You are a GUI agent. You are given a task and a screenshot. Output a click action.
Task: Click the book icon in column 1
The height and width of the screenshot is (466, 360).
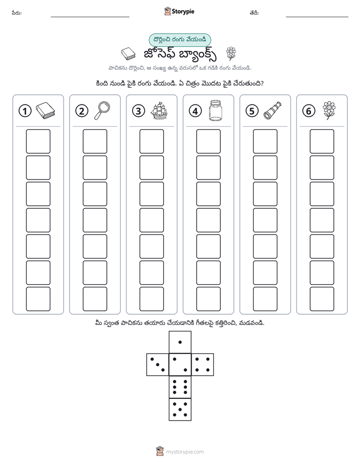[x=45, y=111]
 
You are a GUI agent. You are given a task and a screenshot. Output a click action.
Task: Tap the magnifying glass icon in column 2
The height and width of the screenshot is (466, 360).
[x=102, y=110]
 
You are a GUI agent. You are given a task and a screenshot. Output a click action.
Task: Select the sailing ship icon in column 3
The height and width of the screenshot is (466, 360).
[x=159, y=111]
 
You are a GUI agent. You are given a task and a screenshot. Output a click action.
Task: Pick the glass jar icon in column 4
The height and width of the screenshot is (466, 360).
[x=215, y=110]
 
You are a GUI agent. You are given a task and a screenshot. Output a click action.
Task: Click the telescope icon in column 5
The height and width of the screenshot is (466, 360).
[x=272, y=110]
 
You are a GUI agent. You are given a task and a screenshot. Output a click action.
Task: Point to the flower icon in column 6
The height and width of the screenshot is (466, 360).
[x=329, y=110]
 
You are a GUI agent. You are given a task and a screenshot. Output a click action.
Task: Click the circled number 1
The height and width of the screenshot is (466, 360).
[x=25, y=111]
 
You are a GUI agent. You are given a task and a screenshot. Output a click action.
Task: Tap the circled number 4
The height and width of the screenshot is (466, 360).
[x=195, y=111]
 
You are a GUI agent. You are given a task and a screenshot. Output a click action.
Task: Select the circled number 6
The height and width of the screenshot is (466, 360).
[x=309, y=111]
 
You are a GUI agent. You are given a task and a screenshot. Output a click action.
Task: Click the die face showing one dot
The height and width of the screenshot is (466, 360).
[x=180, y=342]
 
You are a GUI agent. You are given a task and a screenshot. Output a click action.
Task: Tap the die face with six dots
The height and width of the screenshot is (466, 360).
[x=180, y=387]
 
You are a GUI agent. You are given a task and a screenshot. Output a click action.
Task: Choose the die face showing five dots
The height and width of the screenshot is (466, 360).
[x=180, y=409]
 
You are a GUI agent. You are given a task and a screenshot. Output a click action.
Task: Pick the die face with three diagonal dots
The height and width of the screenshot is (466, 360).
[x=158, y=365]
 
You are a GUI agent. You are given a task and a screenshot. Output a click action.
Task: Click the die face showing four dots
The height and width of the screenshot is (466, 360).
[x=203, y=365]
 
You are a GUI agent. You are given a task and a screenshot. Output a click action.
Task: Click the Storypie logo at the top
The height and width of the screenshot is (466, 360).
[x=179, y=12]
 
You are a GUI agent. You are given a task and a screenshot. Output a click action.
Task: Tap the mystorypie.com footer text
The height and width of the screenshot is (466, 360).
[x=185, y=452]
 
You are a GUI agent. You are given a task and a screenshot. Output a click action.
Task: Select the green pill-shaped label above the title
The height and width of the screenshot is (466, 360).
[x=179, y=40]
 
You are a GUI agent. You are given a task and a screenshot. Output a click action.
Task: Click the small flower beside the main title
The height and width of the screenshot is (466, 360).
[x=231, y=54]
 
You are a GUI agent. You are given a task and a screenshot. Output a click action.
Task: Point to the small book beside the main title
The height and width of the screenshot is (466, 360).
[x=128, y=54]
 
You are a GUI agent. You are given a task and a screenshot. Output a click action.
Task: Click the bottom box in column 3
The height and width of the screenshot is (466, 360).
[x=151, y=299]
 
